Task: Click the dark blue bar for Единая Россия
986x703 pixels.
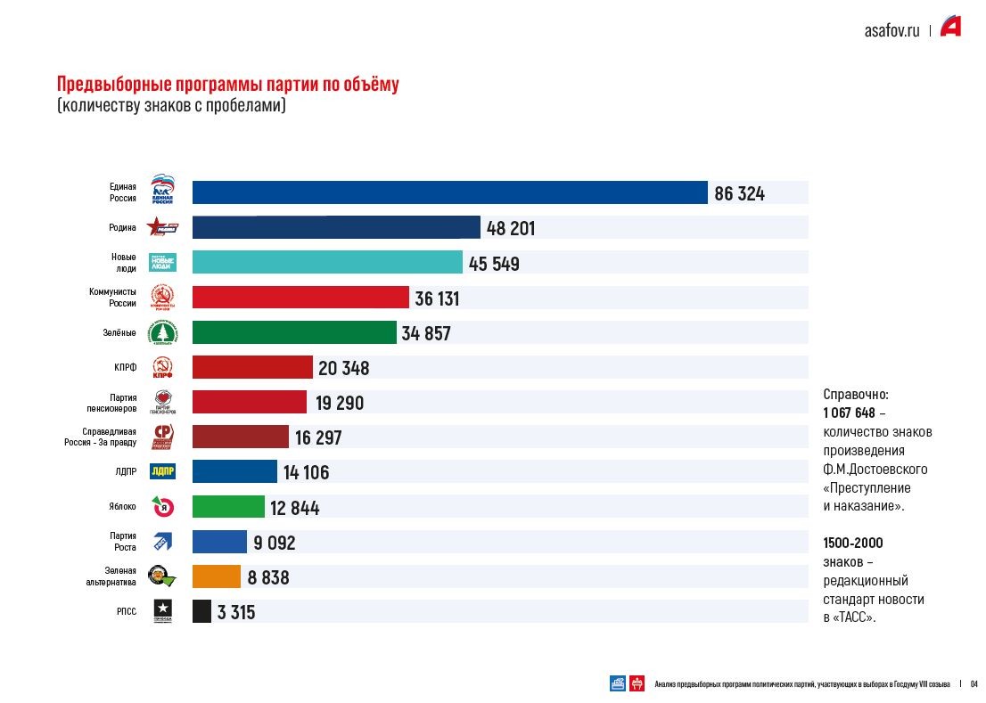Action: click(450, 192)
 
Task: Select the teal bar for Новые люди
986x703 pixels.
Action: click(327, 262)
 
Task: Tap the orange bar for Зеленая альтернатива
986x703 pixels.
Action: click(217, 576)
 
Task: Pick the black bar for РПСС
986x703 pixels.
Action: click(201, 611)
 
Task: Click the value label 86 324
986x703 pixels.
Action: click(739, 193)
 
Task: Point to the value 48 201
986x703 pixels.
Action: click(510, 228)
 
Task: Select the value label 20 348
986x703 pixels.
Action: click(343, 368)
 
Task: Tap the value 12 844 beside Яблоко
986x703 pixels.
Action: click(294, 508)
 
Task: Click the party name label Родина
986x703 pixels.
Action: click(122, 228)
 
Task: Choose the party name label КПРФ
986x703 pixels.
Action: click(125, 367)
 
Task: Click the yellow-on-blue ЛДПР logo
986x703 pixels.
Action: click(162, 471)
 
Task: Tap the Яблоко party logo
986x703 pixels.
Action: click(162, 507)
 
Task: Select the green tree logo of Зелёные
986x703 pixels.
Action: click(162, 332)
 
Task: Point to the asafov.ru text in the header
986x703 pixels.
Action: click(892, 29)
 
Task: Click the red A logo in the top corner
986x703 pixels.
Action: click(950, 28)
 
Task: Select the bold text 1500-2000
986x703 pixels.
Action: click(853, 543)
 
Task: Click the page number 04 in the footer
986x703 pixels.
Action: click(974, 684)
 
